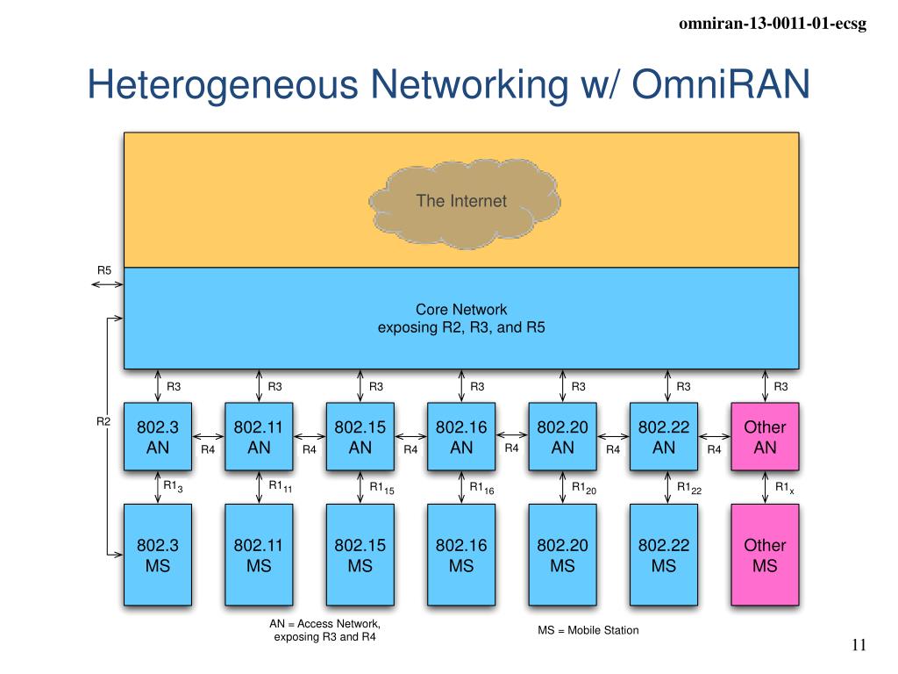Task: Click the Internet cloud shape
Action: tap(464, 204)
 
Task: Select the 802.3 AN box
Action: tap(158, 437)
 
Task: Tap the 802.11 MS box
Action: tap(259, 555)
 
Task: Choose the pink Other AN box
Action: tap(765, 437)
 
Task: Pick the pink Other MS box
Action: tap(765, 555)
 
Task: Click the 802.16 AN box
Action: tap(461, 437)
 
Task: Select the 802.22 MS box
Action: tap(664, 555)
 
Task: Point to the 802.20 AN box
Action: tap(562, 437)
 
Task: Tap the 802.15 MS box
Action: tap(360, 555)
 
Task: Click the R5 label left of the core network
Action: tap(104, 270)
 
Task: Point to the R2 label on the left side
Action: tap(103, 421)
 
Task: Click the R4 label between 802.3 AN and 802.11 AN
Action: tap(208, 450)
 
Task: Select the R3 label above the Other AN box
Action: tap(780, 387)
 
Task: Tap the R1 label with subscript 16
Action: tap(481, 488)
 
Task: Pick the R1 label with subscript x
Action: tap(785, 488)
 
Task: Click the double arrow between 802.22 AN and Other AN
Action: tap(715, 437)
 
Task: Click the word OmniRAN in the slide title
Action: tap(721, 84)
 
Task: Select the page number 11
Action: tap(859, 645)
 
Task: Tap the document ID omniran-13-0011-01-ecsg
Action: tap(773, 24)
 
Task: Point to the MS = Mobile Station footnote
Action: tap(588, 630)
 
